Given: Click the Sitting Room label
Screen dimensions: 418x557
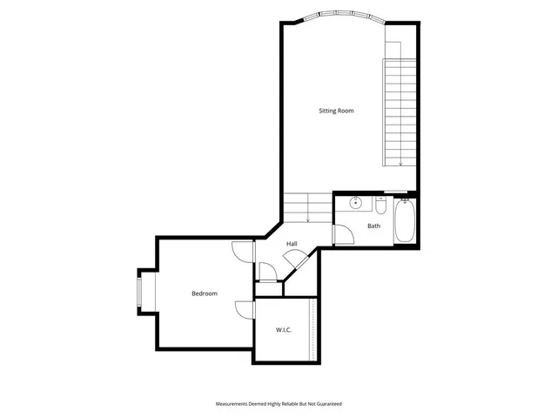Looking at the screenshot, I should (x=336, y=111).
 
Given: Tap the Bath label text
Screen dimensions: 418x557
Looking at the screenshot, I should (x=373, y=226).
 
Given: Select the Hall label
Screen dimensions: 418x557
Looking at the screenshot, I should (x=292, y=243).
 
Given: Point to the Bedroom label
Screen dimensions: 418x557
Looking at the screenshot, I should (x=205, y=293).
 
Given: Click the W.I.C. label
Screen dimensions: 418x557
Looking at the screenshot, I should (x=283, y=329).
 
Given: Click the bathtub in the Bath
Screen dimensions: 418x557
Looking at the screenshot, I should (x=405, y=222).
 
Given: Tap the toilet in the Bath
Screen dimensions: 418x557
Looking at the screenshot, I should (x=381, y=206).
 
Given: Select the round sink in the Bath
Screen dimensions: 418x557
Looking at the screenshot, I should (x=356, y=204).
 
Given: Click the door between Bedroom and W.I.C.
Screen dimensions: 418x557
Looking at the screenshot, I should (x=243, y=308).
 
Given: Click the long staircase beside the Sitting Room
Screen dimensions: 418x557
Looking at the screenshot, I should (x=399, y=112).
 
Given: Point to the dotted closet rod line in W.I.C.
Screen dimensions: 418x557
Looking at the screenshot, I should (x=312, y=330).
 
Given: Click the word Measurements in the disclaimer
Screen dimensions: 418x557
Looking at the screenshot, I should (x=233, y=404).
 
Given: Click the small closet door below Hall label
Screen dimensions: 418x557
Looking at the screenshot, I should (x=266, y=273).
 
